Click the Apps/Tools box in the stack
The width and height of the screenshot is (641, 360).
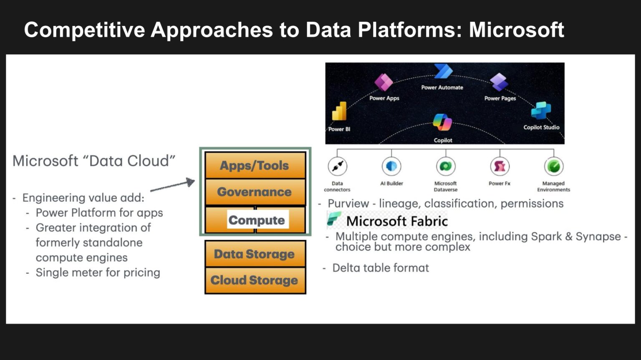click(x=255, y=166)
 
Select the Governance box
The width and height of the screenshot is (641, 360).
click(x=255, y=192)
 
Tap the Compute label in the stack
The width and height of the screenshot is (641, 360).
click(x=257, y=220)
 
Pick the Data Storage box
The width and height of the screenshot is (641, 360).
click(x=255, y=254)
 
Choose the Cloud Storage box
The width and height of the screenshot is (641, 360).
click(x=255, y=280)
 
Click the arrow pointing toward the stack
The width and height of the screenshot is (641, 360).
click(x=173, y=186)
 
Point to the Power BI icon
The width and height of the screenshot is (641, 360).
click(x=339, y=111)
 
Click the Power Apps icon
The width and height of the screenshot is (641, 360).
click(x=384, y=82)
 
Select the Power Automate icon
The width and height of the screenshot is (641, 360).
click(x=443, y=72)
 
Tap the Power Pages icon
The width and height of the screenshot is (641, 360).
click(x=499, y=82)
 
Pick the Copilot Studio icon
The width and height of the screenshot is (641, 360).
click(x=541, y=111)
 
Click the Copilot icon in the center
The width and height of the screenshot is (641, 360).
click(x=442, y=122)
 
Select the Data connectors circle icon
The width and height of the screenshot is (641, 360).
click(x=337, y=166)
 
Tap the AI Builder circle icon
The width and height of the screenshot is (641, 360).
click(x=391, y=166)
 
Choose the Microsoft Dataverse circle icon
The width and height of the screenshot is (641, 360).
click(x=445, y=166)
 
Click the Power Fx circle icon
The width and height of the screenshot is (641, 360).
click(x=500, y=166)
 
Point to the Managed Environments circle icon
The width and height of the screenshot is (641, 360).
click(x=554, y=166)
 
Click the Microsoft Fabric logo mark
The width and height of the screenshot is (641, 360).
click(x=334, y=219)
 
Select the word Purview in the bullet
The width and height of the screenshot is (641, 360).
click(x=348, y=204)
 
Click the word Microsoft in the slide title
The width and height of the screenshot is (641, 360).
click(x=516, y=30)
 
